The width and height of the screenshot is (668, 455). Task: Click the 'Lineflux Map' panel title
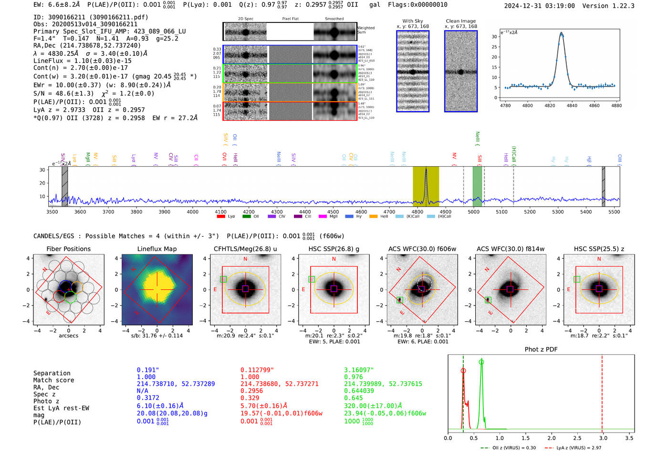tap(157, 249)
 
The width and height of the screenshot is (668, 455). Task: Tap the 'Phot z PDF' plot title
tap(541, 349)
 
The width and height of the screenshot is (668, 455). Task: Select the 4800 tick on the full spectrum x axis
tap(417, 212)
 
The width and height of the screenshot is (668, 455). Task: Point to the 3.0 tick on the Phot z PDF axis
tap(603, 438)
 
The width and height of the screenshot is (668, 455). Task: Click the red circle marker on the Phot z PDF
tap(463, 370)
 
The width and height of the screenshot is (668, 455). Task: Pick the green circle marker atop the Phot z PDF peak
tap(481, 362)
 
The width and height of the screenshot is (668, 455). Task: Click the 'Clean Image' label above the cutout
tap(460, 21)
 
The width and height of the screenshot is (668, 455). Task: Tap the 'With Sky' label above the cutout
tap(412, 21)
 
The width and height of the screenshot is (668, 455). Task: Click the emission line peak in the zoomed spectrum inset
tap(561, 33)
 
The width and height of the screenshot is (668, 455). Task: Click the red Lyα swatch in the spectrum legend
tap(221, 217)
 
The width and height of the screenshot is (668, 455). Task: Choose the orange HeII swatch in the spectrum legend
tap(374, 217)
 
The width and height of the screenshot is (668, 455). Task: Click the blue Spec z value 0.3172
tap(148, 398)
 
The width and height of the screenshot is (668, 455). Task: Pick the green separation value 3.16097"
tap(359, 370)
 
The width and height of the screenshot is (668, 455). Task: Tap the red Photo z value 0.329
tap(250, 398)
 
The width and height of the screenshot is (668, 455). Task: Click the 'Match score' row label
tap(53, 380)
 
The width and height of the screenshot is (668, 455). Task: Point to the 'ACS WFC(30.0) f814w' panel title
tap(510, 249)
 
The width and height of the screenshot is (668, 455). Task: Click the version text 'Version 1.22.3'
tap(608, 6)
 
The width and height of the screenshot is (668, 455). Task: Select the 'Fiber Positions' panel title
tap(68, 249)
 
